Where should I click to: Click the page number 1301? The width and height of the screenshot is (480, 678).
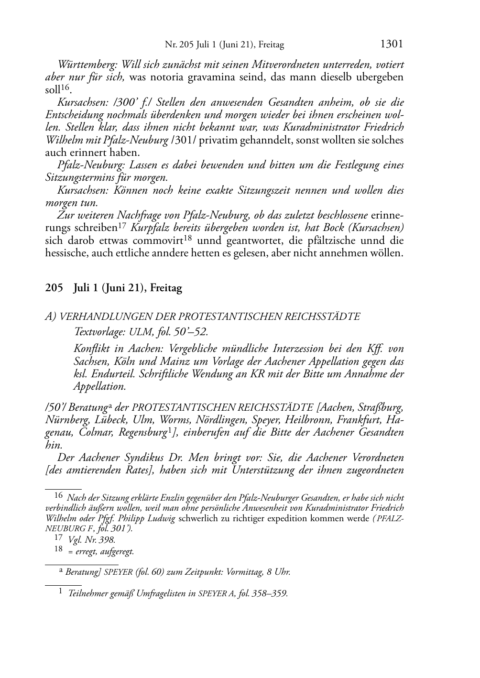click(392, 44)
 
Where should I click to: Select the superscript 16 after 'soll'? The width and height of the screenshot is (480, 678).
click(66, 87)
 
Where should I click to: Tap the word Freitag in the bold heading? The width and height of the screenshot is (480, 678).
click(166, 288)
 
